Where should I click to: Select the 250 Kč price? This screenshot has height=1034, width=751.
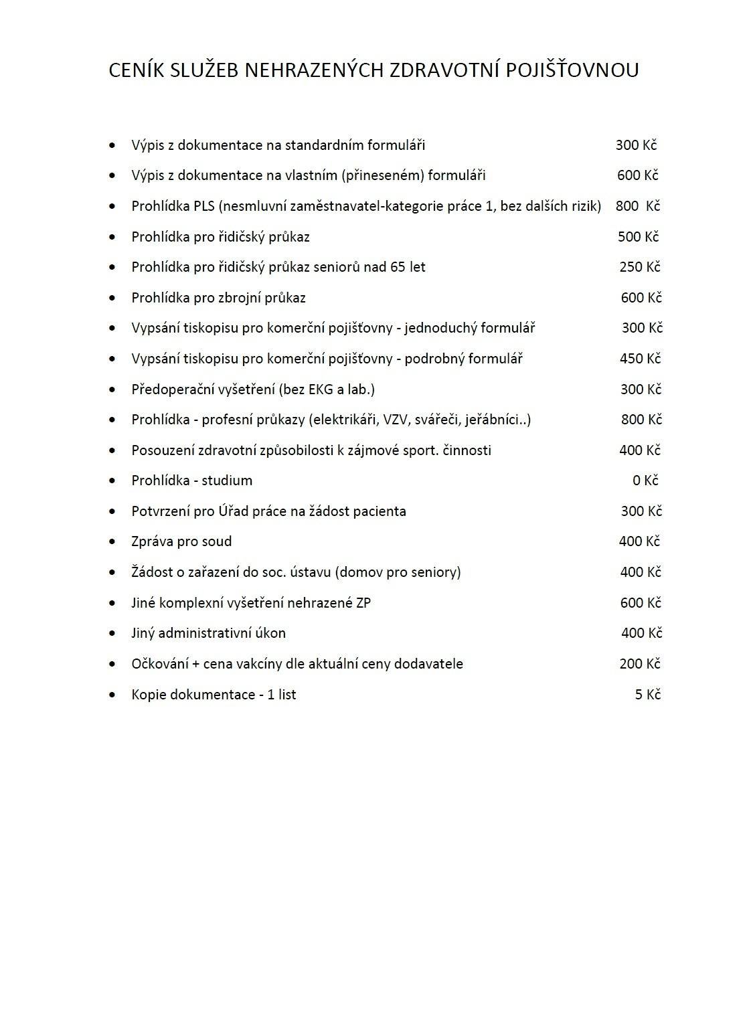coord(640,267)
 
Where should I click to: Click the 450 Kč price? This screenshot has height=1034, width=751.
coord(640,359)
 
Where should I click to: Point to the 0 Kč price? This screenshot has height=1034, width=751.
coord(645,481)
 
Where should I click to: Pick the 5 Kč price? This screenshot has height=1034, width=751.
coord(647,695)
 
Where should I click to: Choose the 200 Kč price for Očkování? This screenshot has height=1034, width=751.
coord(640,664)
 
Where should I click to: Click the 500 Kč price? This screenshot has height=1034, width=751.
coord(638,237)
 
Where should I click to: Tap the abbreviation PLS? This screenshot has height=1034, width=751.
coord(204,206)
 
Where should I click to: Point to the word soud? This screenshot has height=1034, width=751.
coord(217,541)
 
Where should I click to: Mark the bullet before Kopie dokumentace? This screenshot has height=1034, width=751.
coord(112,695)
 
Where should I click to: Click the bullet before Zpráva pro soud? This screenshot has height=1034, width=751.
coord(112,542)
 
